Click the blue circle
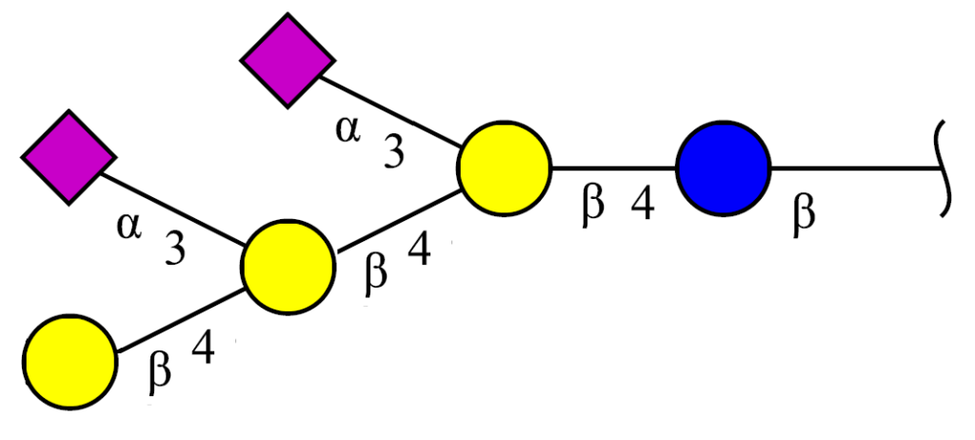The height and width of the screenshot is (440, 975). coord(724,169)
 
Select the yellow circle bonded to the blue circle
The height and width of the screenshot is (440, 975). coord(505,169)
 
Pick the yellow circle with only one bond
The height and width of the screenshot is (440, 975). coord(70,362)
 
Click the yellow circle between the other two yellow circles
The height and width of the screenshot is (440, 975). coord(289,267)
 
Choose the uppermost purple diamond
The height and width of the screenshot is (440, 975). coord(288,60)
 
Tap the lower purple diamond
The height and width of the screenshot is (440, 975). coord(69,157)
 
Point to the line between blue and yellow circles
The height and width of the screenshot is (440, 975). coord(614,168)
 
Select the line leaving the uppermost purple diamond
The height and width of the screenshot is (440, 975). coord(390,112)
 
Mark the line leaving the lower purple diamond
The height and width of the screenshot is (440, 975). coord(172,210)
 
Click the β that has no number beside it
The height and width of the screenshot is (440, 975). coord(804,215)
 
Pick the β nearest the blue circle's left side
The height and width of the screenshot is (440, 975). coord(592,208)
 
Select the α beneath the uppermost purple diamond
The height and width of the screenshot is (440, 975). coord(348,131)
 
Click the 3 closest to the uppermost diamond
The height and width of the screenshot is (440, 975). coord(393,152)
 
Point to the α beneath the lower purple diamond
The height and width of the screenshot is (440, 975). coord(129,229)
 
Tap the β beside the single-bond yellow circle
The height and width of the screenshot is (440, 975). coord(160,374)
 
